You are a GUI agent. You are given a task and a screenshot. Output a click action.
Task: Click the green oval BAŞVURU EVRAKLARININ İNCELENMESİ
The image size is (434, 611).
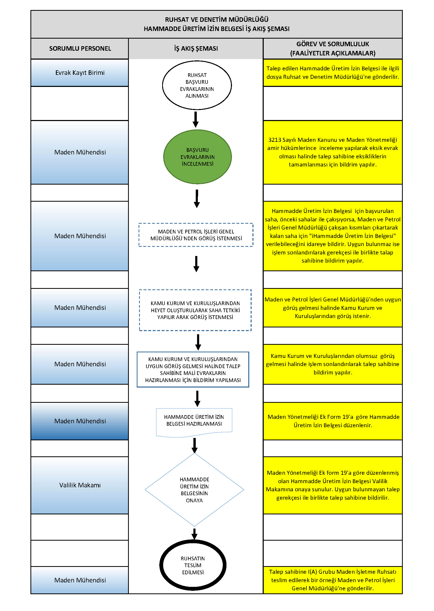pos(198,157)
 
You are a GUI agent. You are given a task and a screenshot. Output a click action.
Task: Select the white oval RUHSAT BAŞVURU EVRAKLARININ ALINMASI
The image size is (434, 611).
pos(197,85)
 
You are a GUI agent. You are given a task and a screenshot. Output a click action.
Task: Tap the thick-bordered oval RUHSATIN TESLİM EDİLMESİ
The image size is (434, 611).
pos(193,565)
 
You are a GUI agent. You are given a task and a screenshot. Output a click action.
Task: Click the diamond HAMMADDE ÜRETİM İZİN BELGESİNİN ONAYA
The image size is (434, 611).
pos(194,490)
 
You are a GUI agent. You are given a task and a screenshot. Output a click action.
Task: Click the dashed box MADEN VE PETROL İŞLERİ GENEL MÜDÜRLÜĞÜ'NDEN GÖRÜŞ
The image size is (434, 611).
pos(196,235)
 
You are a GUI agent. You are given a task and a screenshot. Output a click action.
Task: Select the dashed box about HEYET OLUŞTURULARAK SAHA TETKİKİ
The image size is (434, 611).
pos(195,310)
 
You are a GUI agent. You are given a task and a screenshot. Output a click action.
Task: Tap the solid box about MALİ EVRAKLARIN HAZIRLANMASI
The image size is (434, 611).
pos(193,369)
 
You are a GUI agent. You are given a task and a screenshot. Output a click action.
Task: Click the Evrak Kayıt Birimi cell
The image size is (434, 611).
pos(80,73)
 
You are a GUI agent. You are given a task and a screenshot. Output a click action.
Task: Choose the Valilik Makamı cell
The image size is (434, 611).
pos(80,485)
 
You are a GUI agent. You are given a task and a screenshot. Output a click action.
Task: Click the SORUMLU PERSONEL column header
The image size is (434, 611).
pos(80,48)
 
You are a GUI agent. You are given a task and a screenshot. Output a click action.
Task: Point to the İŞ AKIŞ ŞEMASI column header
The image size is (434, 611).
pos(196,48)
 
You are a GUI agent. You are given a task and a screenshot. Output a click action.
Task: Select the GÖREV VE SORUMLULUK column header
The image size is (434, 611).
pos(333,48)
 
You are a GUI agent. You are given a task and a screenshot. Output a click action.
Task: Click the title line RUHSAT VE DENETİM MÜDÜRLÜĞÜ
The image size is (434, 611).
pos(217,19)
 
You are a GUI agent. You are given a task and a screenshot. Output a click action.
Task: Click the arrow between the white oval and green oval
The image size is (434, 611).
pos(196,119)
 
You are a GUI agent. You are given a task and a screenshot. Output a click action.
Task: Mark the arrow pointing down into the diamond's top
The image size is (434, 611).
pos(194,446)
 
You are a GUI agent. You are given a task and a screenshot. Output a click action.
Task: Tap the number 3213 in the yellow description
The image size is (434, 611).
pos(275,140)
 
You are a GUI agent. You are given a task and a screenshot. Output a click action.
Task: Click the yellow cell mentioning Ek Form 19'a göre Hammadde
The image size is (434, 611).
pos(333,421)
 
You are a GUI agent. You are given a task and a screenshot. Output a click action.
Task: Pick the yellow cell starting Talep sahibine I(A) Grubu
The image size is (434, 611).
pos(333,580)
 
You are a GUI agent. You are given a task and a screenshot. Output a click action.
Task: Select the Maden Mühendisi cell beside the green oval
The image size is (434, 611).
pos(80,152)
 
